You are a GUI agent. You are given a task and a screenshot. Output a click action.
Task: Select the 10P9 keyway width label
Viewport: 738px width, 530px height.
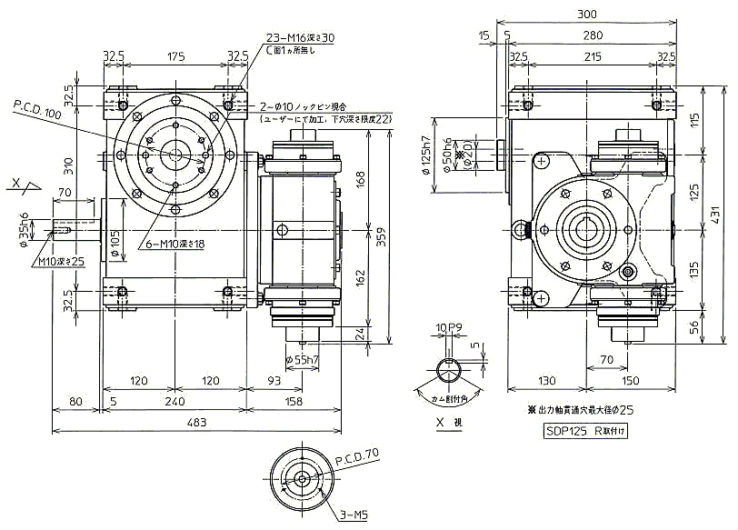pos(449,326)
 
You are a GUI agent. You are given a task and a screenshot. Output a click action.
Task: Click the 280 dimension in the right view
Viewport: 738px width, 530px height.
pos(592,35)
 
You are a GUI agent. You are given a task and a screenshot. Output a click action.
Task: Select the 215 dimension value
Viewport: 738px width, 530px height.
pos(592,56)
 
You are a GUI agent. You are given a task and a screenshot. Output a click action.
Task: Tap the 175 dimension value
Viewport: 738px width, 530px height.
pos(176,56)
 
